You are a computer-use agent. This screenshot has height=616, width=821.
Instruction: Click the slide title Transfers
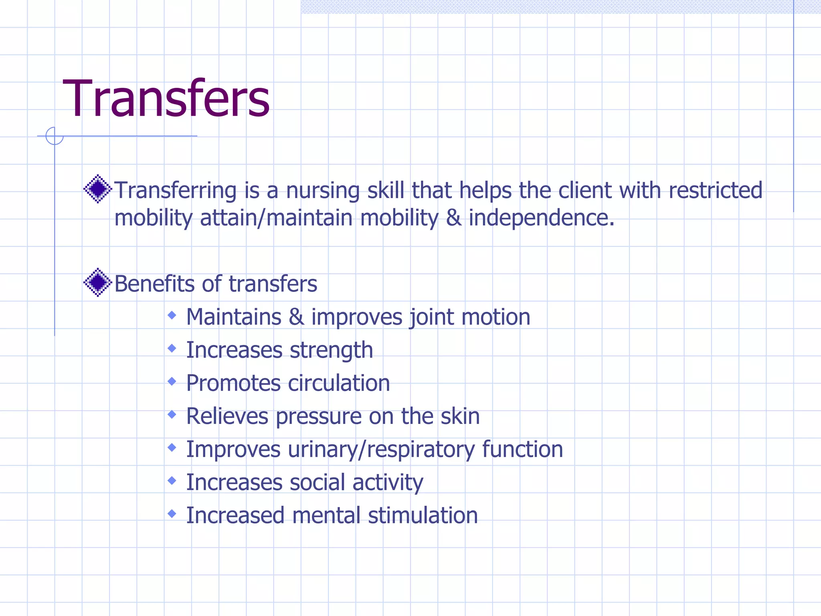click(166, 99)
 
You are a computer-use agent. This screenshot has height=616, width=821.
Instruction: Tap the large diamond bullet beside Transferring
click(97, 189)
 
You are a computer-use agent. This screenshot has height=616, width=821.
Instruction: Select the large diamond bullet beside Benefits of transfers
click(97, 283)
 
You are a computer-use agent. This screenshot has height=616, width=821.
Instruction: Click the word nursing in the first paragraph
click(322, 191)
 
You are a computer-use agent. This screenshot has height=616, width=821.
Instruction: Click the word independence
click(541, 219)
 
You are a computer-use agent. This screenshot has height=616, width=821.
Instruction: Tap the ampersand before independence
click(453, 218)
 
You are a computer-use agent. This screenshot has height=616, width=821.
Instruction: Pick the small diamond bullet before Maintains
click(172, 316)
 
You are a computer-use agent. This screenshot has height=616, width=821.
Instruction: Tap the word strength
click(331, 351)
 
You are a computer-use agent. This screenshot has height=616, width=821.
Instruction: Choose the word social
click(317, 482)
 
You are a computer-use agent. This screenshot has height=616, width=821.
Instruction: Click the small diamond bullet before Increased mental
click(172, 513)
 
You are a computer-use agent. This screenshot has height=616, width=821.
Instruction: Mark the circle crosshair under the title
click(55, 136)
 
